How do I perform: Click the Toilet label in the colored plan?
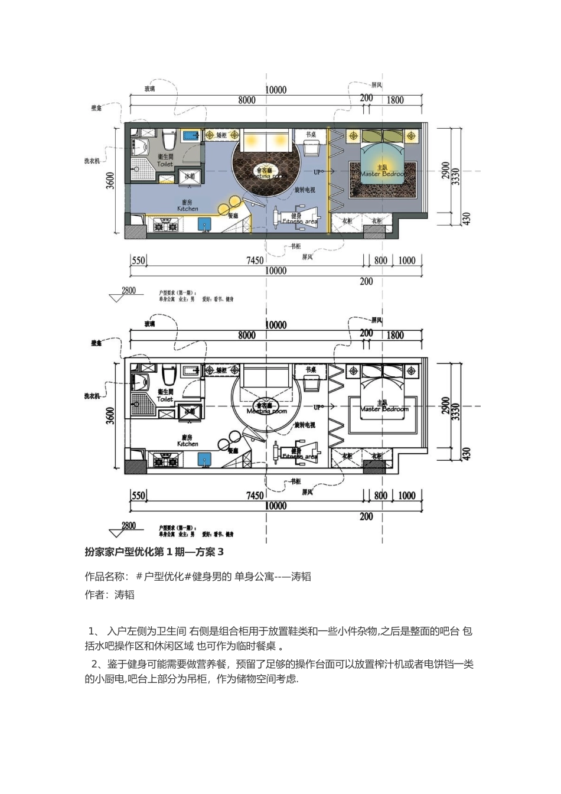click(165, 164)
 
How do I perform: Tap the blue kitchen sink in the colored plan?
click(204, 224)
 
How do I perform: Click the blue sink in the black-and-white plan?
click(204, 459)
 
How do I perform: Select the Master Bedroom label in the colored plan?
click(383, 174)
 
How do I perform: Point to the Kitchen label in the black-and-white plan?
click(188, 444)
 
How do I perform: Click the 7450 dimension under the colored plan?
click(255, 261)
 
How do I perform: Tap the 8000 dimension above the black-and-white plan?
click(247, 336)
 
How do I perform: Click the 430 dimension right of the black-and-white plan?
click(467, 454)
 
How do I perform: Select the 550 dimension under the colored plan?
click(138, 261)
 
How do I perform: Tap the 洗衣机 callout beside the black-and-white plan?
click(92, 396)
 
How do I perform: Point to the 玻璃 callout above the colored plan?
click(150, 89)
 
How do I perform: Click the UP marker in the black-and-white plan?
click(318, 408)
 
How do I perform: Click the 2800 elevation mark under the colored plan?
click(129, 290)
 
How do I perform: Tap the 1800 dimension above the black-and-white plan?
click(395, 336)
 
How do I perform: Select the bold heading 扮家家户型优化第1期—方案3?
click(154, 552)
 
